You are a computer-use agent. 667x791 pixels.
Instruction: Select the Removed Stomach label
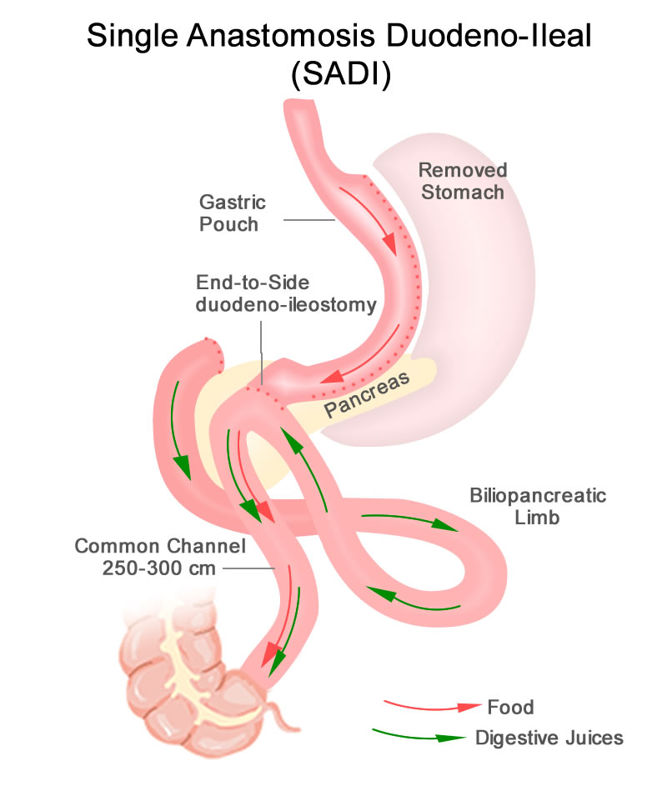[x=463, y=181]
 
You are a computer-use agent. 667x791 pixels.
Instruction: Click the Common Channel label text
[x=160, y=547]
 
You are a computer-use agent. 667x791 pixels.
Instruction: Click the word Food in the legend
[x=509, y=708]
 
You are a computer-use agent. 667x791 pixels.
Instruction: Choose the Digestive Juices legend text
[x=549, y=738]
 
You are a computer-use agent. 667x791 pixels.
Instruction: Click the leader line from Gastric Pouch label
[x=308, y=221]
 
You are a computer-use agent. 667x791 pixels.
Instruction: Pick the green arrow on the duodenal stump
[x=180, y=429]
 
